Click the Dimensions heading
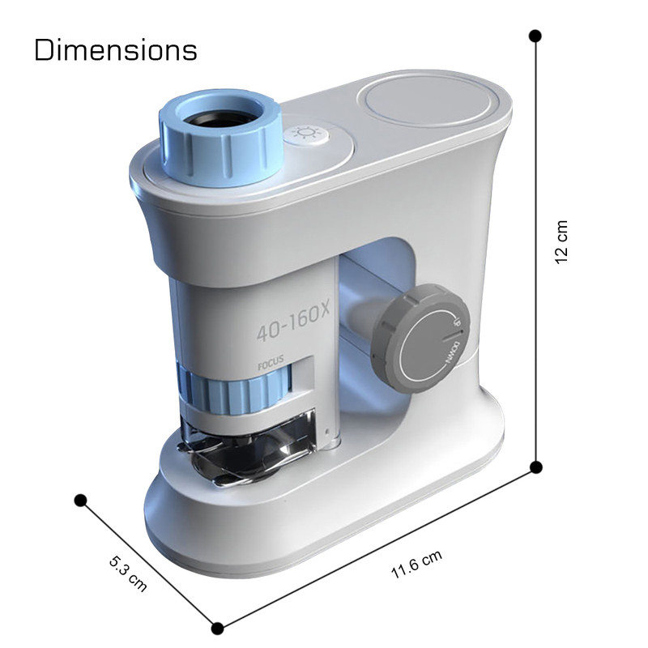[x=116, y=50]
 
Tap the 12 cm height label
[x=561, y=242]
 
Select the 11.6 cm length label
[x=416, y=564]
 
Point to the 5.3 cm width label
[x=128, y=574]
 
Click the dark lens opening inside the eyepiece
[x=220, y=117]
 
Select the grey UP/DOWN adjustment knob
[x=420, y=338]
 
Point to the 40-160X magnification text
[x=293, y=322]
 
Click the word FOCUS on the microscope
[x=271, y=362]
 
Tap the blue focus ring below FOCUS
[x=235, y=390]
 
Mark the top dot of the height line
[x=535, y=36]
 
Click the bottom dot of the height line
[x=536, y=467]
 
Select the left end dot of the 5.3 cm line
[x=80, y=501]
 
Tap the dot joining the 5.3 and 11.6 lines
[x=217, y=629]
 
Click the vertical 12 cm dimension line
[x=535, y=252]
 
